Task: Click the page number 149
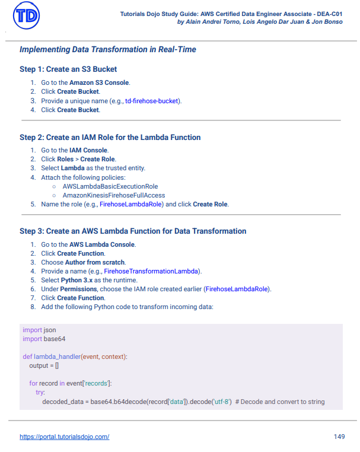(339, 437)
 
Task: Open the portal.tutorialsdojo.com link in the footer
(64, 437)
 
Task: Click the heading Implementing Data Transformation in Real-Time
(107, 49)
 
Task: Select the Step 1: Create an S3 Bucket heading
(68, 69)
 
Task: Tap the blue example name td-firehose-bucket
(152, 101)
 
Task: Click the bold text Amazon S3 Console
(99, 82)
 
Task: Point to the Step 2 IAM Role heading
(110, 137)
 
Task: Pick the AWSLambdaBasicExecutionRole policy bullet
(110, 186)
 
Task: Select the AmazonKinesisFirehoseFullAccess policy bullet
(113, 195)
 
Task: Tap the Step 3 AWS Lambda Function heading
(133, 231)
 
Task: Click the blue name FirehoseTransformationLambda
(152, 271)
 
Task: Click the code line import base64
(44, 339)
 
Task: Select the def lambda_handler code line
(75, 356)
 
